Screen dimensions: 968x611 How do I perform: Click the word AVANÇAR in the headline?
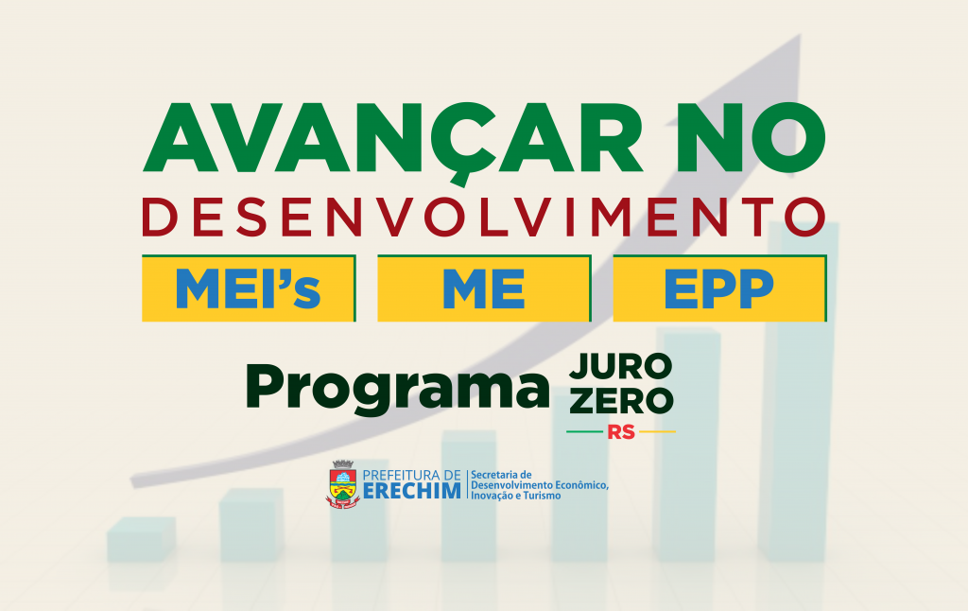coord(393,139)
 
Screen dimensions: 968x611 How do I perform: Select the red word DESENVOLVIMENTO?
coord(484,217)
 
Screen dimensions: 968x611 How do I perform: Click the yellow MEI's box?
coord(249,288)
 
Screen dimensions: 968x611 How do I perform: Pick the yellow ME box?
coord(484,288)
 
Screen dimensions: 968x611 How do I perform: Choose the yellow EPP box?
coord(719,288)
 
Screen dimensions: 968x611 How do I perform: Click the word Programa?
coord(398,389)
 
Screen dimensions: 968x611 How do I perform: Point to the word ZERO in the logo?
coord(621,401)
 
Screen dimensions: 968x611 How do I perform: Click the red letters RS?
coord(621,432)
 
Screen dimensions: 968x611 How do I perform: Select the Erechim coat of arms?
coord(342,484)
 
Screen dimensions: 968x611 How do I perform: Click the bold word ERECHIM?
coord(412,491)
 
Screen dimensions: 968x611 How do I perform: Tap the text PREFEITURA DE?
coord(412,475)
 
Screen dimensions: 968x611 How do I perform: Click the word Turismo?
coord(542,496)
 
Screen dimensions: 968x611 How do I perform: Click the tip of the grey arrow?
coord(801,35)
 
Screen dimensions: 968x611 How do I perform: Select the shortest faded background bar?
coord(142,539)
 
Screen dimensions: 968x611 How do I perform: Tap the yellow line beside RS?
coord(657,432)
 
